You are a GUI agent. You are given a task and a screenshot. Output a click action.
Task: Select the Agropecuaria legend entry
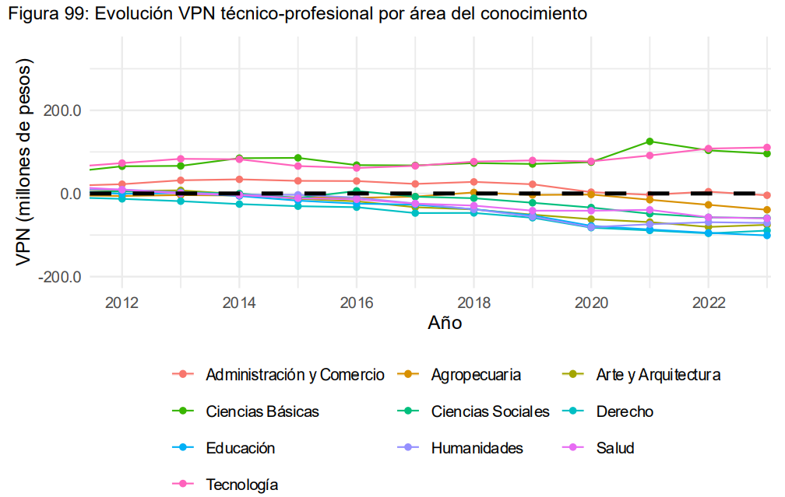point(476,375)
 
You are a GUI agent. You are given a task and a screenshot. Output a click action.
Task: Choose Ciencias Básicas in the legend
point(262,411)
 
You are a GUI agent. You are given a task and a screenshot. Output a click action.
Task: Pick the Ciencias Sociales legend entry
point(491,411)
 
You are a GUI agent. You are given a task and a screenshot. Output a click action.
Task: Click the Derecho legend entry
point(625,411)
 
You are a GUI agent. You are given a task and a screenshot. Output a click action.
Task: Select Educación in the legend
point(241,448)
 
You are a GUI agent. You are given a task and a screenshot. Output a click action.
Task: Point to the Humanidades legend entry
point(477,448)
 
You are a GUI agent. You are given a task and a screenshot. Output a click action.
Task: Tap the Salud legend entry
point(615,448)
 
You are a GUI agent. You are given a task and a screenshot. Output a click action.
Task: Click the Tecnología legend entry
point(242,485)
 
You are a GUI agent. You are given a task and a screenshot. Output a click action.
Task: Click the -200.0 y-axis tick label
point(59,278)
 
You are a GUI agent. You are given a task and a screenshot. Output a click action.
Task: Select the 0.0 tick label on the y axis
point(69,194)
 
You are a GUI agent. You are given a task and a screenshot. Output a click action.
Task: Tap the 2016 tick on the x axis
point(356,302)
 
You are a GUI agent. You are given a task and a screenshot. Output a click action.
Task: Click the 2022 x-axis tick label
point(708,302)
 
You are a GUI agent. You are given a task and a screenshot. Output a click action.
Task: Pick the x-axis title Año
point(445,323)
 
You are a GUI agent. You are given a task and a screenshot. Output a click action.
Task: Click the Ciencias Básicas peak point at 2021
point(649,142)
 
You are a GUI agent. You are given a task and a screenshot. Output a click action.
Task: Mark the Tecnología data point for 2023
point(767,148)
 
